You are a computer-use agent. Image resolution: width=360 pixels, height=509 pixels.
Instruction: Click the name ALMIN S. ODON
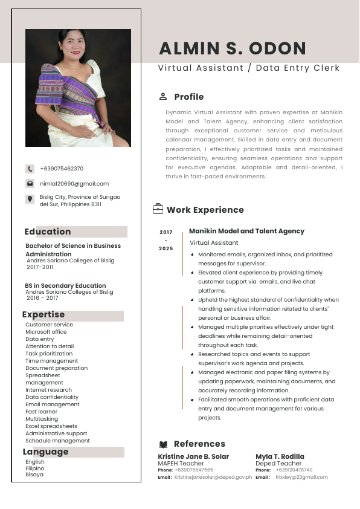click(x=233, y=48)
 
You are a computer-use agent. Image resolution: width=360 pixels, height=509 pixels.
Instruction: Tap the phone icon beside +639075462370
click(x=30, y=169)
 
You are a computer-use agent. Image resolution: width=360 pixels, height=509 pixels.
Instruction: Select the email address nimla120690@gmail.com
click(x=74, y=183)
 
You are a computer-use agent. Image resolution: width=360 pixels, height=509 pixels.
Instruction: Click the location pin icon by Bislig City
click(x=30, y=199)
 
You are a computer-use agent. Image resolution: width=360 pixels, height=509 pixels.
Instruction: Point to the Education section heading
click(x=48, y=232)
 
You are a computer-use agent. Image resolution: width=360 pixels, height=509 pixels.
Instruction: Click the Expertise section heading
click(x=43, y=314)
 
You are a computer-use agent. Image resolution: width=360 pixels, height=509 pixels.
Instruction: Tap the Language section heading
click(x=46, y=452)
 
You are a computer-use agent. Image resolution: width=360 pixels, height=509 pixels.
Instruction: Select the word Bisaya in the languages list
click(x=34, y=475)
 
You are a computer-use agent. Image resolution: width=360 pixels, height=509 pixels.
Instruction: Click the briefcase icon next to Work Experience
click(x=158, y=209)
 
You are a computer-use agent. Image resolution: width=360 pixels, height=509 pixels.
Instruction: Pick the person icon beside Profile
click(x=163, y=97)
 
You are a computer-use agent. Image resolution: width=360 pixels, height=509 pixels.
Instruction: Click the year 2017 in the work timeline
click(x=166, y=232)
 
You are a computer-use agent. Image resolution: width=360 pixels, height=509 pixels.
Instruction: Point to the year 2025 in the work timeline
click(x=166, y=248)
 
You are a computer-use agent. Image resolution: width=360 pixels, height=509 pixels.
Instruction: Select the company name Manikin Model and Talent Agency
click(x=246, y=231)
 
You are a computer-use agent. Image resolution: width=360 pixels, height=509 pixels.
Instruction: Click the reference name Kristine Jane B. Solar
click(x=193, y=456)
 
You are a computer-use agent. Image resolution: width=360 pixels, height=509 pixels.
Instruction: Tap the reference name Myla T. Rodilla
click(x=280, y=456)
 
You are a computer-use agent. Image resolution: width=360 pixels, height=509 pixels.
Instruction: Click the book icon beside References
click(x=163, y=444)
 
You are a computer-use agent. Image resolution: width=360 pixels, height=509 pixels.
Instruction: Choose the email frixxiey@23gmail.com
click(x=301, y=477)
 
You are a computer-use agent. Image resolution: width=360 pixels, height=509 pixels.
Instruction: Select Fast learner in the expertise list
click(x=42, y=412)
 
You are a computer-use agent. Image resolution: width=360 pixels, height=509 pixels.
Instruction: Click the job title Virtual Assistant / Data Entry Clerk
click(x=249, y=68)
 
